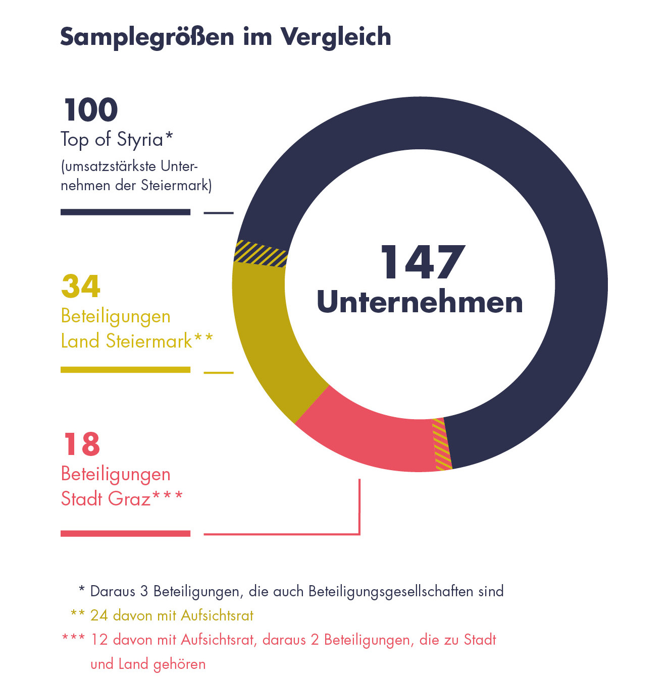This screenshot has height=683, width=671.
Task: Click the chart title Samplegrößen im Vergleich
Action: [225, 37]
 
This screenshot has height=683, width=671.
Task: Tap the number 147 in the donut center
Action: [422, 262]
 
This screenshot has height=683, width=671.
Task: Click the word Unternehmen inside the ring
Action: [420, 302]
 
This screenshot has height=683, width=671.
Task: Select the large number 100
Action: [91, 110]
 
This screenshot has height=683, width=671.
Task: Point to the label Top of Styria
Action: [116, 139]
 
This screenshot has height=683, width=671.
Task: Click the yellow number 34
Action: [81, 286]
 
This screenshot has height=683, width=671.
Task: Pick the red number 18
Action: [82, 444]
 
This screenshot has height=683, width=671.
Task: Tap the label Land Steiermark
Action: [126, 341]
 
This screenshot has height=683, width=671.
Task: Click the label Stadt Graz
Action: [106, 499]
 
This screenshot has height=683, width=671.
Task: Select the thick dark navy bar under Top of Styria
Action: [125, 212]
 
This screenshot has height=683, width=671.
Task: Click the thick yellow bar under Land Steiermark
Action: [125, 370]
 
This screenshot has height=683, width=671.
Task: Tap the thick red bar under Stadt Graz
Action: [125, 533]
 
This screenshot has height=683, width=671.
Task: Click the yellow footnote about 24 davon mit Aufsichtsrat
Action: [172, 615]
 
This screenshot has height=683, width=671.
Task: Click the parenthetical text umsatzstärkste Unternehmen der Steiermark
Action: [135, 176]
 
